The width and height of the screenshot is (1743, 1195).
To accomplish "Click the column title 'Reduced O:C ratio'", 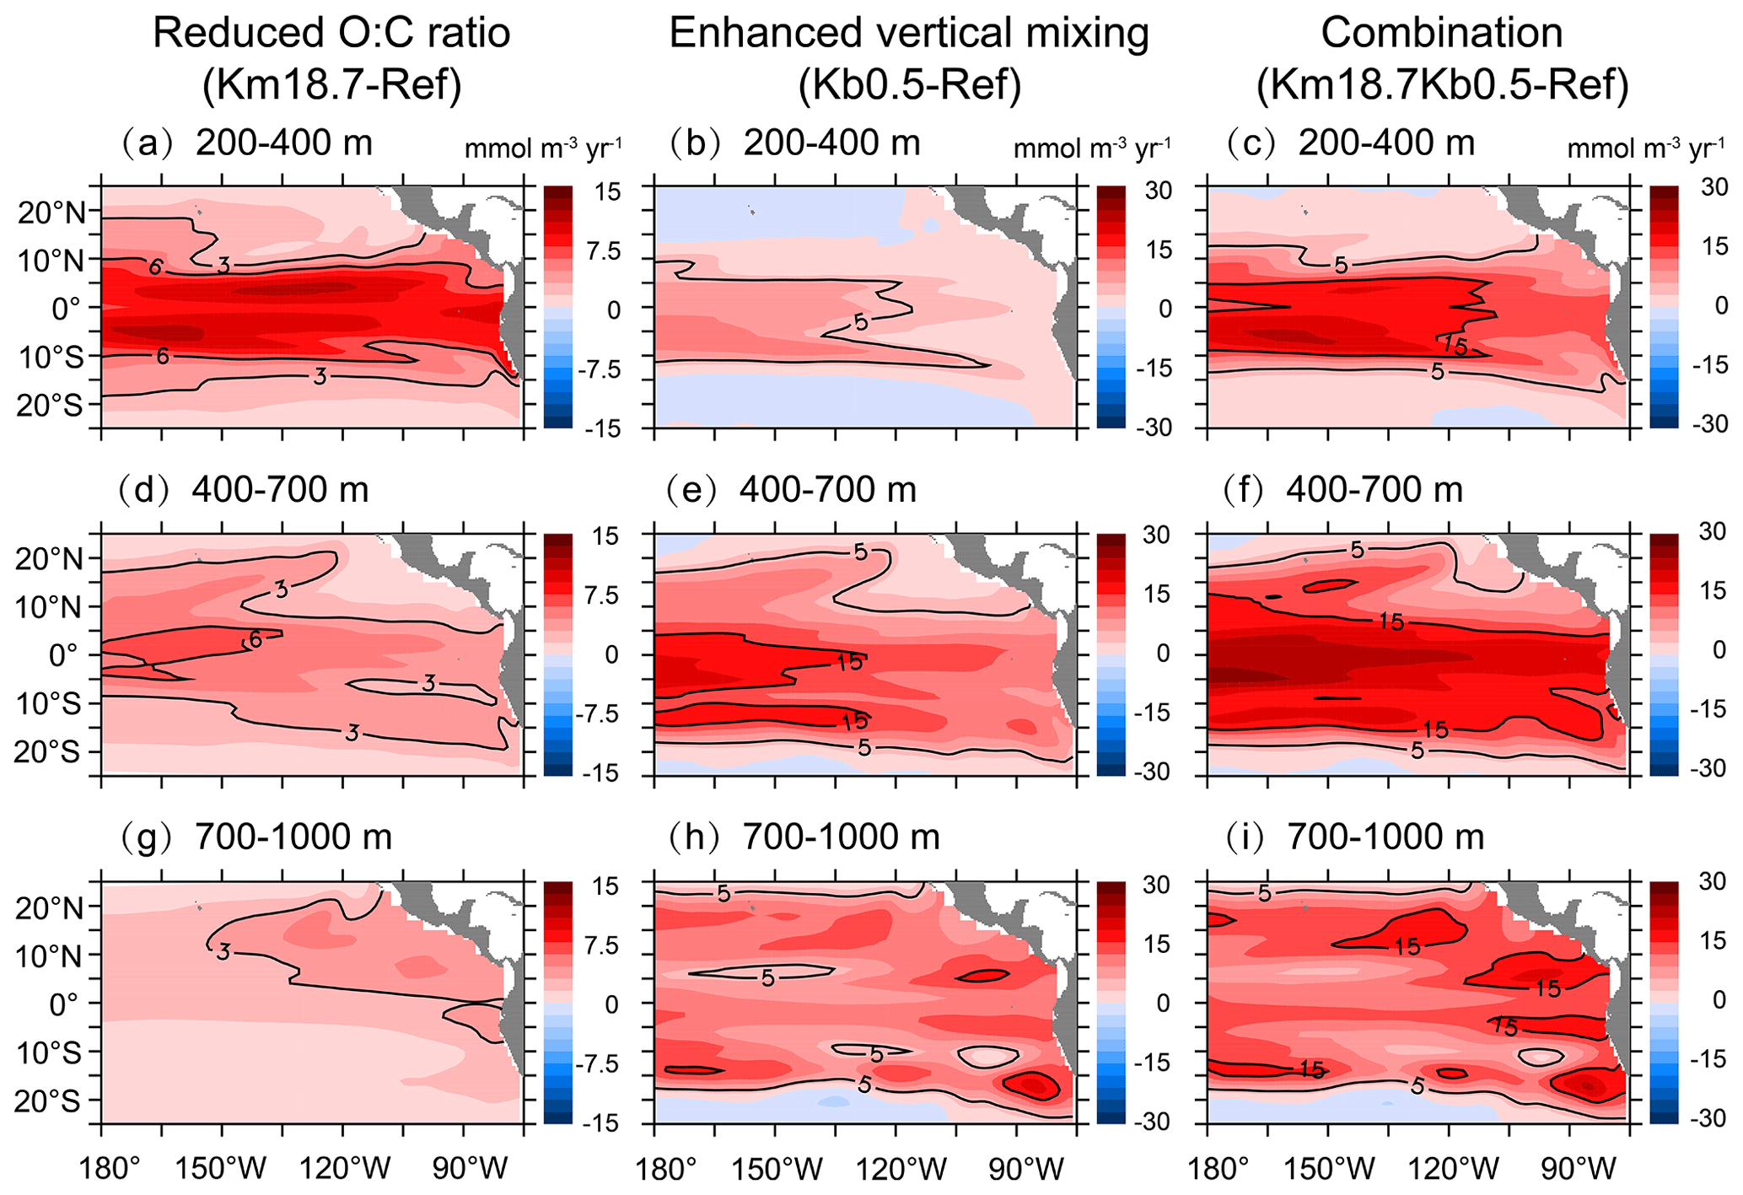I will point(331,34).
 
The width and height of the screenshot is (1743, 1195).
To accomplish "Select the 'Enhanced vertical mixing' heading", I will point(909,34).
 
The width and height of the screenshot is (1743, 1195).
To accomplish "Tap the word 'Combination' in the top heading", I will point(1441,34).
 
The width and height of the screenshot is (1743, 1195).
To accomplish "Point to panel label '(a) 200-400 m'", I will point(245,143).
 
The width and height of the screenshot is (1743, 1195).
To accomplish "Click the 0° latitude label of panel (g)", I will point(64,1004).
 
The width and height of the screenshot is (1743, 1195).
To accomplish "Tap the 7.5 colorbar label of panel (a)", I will point(603,251).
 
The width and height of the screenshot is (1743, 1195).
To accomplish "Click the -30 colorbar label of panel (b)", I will point(1154,428).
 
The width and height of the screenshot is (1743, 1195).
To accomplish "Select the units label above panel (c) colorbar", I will point(1645,149).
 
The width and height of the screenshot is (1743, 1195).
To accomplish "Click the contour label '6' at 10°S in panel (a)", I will point(162,357).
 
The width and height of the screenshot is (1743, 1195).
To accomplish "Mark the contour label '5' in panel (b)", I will point(860,321).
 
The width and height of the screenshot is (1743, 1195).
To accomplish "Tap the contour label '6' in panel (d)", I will point(255,640).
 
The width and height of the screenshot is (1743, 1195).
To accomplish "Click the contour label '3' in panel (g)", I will point(223,952).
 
